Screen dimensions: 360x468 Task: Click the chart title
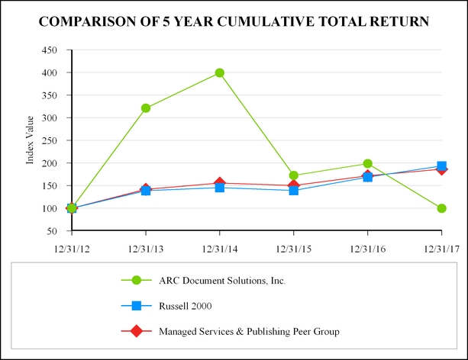click(x=234, y=21)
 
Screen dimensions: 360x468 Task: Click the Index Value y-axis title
click(x=31, y=140)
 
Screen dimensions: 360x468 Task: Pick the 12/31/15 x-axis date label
click(x=294, y=248)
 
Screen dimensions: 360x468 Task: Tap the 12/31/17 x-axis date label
click(x=442, y=248)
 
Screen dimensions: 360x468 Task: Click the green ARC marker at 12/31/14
click(x=220, y=73)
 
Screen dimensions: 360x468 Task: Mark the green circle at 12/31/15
click(x=294, y=175)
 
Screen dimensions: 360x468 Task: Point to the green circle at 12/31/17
click(x=442, y=208)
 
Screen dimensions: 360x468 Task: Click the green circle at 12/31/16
click(x=368, y=163)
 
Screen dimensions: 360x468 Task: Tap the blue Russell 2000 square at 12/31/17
click(x=442, y=166)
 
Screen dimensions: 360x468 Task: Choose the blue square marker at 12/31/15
click(x=294, y=190)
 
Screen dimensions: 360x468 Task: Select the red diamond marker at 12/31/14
click(x=220, y=183)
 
